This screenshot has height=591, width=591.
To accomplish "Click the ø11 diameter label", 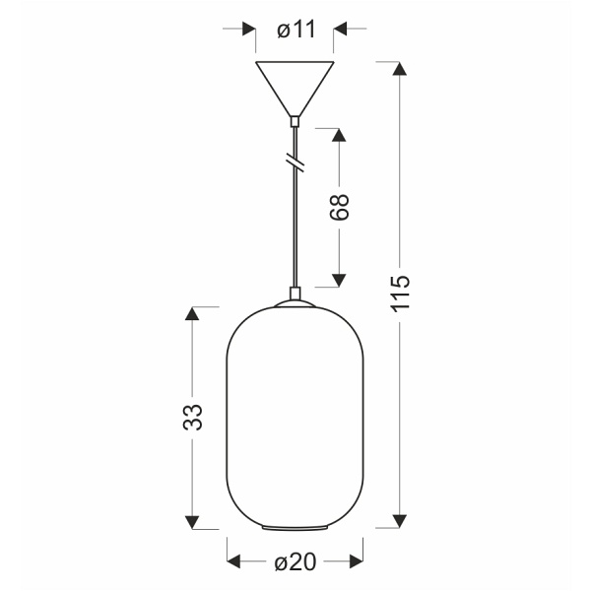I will (295, 30).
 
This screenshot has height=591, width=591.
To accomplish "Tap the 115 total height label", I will (399, 294).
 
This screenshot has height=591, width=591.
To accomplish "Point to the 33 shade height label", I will (193, 417).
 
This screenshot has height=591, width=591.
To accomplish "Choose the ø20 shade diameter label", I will (295, 562).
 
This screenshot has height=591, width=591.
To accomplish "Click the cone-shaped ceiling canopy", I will (295, 87).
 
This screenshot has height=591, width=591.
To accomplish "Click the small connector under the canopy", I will (295, 122).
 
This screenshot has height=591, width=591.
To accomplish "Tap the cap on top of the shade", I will (295, 295).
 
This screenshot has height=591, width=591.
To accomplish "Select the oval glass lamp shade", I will (295, 419).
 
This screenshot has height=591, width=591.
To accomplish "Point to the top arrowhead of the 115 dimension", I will (399, 69).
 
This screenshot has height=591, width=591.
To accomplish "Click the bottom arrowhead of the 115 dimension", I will (399, 520).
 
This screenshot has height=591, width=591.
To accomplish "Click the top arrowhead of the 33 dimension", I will (193, 314).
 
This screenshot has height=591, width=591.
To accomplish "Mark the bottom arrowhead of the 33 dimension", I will (193, 520).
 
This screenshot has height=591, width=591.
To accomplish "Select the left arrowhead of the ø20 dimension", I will (234, 562).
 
